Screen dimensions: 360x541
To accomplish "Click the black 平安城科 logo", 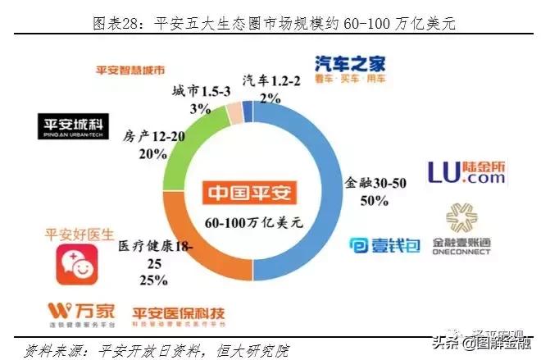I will point(73,126).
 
